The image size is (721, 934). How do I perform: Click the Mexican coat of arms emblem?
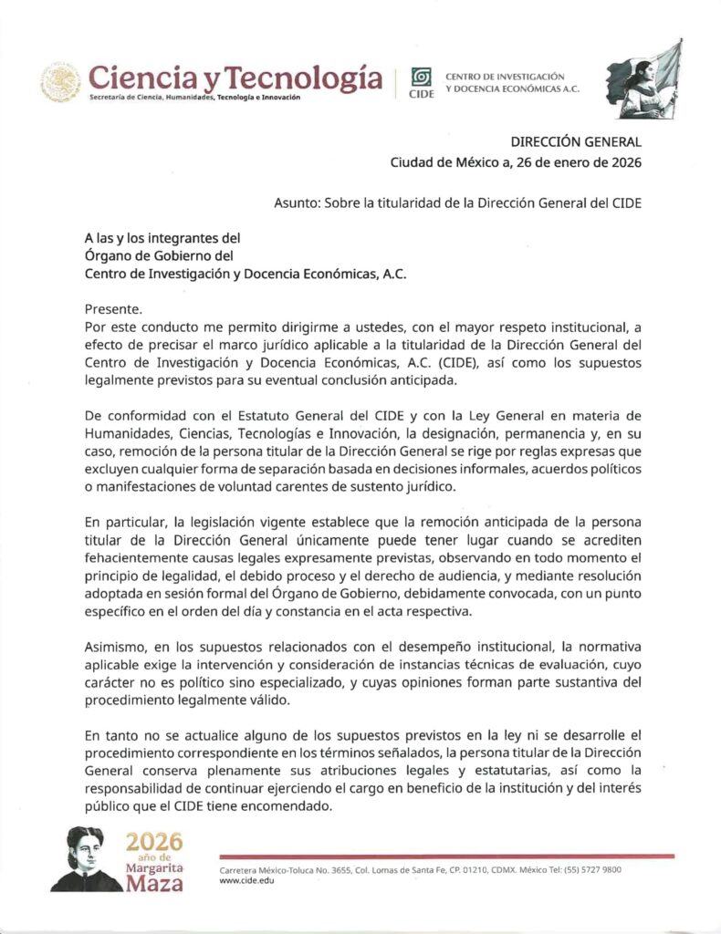60,82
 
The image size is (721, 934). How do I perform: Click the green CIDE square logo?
421,77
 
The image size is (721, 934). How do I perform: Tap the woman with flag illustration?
645,79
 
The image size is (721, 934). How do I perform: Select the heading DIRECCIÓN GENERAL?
576,141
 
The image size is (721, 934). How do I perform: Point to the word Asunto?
295,202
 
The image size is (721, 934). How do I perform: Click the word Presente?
113,308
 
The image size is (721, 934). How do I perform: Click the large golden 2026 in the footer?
154,841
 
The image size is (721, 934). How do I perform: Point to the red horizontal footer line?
446,856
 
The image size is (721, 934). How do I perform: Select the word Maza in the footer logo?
154,883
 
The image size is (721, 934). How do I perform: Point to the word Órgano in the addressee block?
107,255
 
